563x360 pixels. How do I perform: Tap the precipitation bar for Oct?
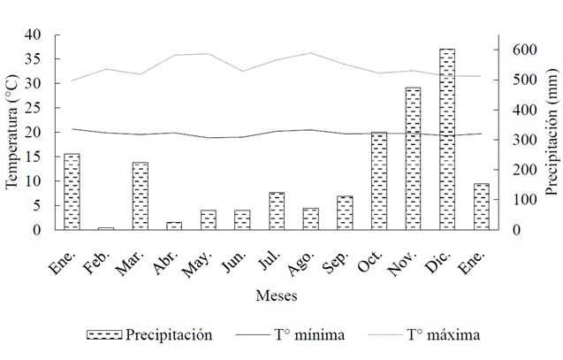[378, 181]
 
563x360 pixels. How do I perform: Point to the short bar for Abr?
[174, 226]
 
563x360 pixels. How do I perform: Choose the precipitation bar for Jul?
[276, 211]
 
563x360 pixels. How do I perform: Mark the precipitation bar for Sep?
[344, 213]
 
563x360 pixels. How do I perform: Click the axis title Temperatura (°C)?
[11, 133]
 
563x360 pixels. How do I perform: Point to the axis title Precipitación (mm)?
[551, 133]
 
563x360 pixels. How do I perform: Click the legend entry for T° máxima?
[443, 335]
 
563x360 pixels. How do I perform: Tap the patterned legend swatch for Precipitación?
[103, 335]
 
